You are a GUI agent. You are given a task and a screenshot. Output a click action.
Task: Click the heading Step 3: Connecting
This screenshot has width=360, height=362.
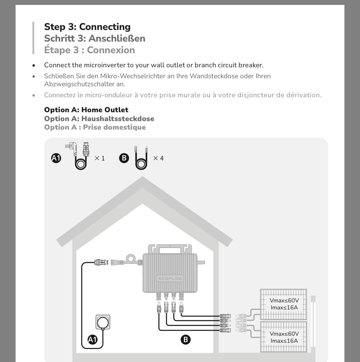coord(87,27)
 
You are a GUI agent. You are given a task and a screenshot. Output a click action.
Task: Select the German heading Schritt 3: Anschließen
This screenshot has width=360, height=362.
coord(95,39)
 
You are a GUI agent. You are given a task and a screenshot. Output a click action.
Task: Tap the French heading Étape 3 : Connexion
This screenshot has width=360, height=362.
coord(89,50)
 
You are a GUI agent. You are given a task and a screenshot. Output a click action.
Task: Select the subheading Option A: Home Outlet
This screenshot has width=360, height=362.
coord(86,110)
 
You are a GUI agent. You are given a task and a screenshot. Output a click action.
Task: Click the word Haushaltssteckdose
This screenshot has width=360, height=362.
coord(118,119)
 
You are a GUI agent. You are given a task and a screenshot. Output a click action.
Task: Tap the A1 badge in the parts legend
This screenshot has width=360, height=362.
coord(56,158)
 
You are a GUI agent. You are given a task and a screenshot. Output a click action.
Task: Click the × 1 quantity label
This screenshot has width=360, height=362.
coord(100,158)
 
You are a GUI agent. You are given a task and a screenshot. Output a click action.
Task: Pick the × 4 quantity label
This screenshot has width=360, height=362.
coord(158,158)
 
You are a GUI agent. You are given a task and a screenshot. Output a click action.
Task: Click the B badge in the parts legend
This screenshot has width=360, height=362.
coord(124,158)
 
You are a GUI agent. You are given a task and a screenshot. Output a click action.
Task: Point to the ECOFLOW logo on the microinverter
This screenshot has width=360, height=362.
coord(170,279)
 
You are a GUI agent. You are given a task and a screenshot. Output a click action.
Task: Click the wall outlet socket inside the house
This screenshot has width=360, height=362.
coord(103,322)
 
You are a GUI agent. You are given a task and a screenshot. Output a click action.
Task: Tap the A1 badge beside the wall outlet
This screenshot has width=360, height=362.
coord(93,339)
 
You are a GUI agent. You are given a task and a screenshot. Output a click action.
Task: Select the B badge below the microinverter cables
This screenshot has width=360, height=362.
coord(185,340)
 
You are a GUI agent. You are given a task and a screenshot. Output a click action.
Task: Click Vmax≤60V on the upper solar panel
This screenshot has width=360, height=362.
coord(284,301)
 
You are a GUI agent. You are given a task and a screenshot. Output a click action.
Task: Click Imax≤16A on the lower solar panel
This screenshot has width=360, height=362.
coord(284,341)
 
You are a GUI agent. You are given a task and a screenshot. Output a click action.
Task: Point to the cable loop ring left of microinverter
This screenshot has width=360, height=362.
coord(131,259)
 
